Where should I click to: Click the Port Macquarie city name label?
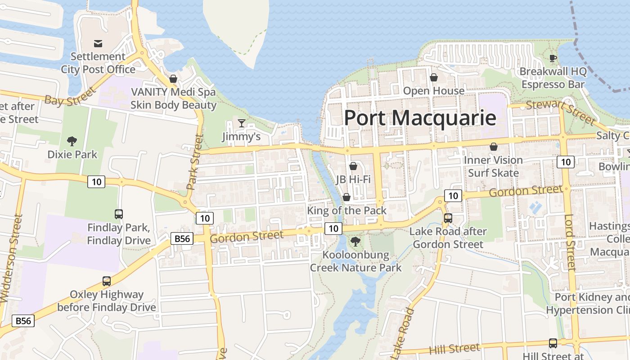pos(420,118)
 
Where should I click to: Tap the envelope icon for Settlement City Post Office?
pos(98,44)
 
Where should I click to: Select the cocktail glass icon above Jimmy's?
pos(242,123)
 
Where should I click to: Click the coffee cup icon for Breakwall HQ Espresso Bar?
pos(553,58)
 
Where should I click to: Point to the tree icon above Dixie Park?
pos(72,141)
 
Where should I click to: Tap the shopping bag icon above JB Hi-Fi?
pos(353,166)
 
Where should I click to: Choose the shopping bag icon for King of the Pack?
pos(346,197)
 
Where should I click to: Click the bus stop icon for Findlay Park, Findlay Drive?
pos(118,214)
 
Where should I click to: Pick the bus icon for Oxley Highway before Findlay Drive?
pos(107,281)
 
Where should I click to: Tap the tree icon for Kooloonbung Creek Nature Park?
pos(355,242)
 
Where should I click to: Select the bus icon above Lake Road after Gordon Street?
pos(448,218)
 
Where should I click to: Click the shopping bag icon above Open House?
pos(434,77)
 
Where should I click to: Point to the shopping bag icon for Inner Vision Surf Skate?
pos(494,147)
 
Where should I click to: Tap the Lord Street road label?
pos(570,243)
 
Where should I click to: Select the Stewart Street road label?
pos(561,111)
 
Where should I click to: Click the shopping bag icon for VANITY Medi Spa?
pos(173,79)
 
